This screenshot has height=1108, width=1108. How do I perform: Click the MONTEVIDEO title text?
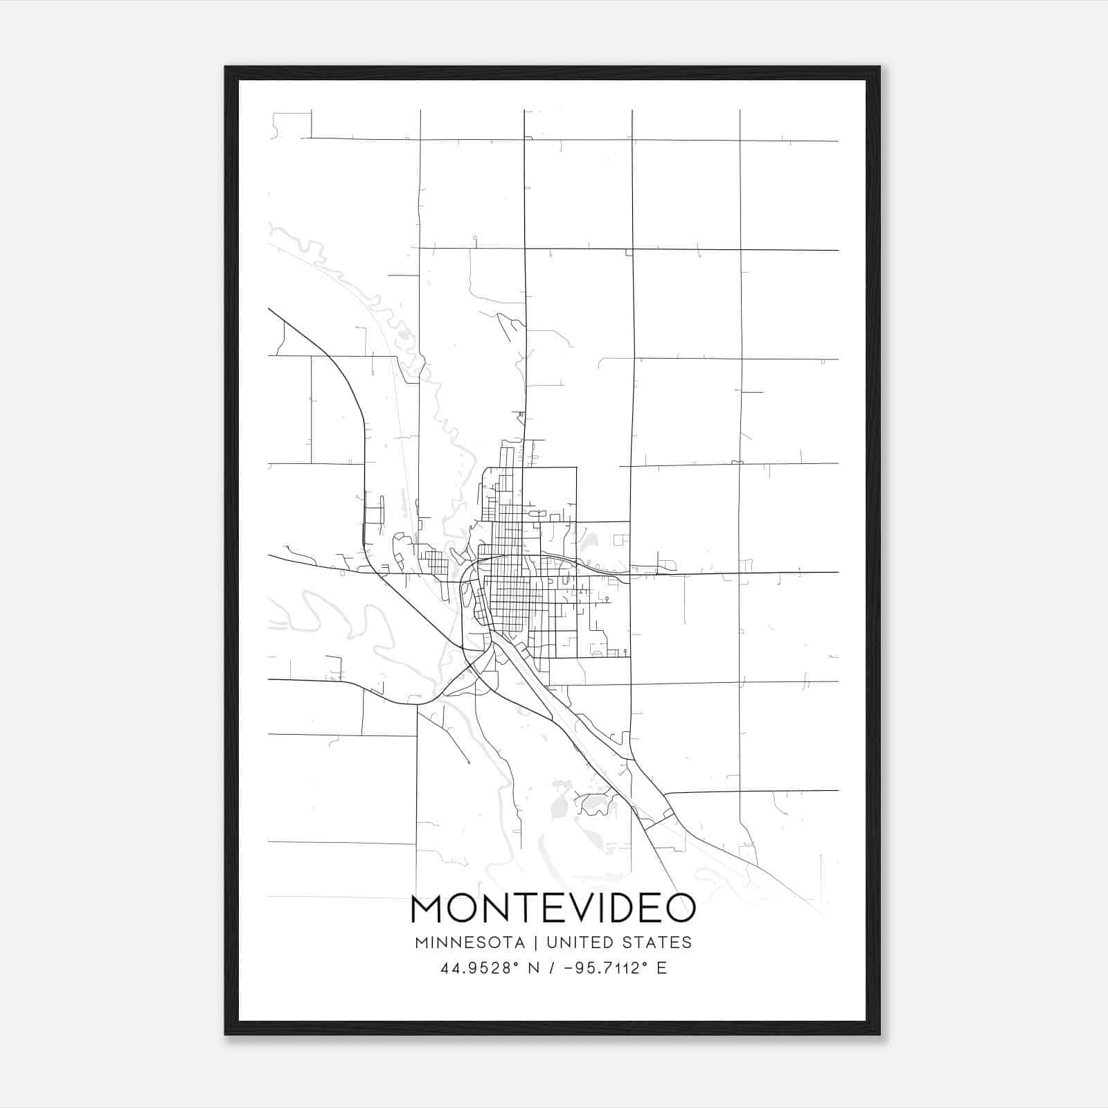(x=553, y=908)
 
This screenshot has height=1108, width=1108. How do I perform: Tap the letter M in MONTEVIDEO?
(x=429, y=909)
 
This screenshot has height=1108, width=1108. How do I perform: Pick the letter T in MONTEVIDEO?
(x=519, y=909)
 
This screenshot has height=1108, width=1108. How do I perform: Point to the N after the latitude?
(x=534, y=968)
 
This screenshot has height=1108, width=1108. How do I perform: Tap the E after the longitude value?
(x=662, y=968)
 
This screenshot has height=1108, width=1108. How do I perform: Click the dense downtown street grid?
(x=509, y=600)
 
